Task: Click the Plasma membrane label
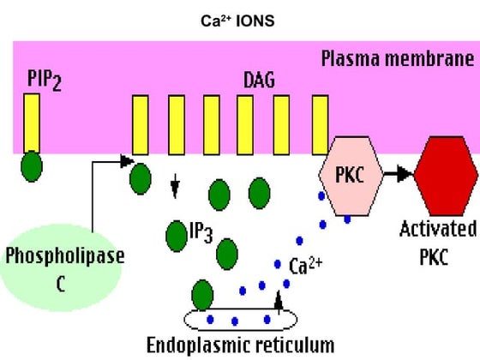coord(396,59)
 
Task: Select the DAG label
coord(260,81)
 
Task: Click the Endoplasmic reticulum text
coord(239,345)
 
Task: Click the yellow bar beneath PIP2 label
coord(32,125)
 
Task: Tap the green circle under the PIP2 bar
coord(32,165)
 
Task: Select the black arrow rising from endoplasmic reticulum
coord(278,302)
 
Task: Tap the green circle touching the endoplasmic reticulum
coord(204,294)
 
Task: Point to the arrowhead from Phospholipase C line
coord(126,160)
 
